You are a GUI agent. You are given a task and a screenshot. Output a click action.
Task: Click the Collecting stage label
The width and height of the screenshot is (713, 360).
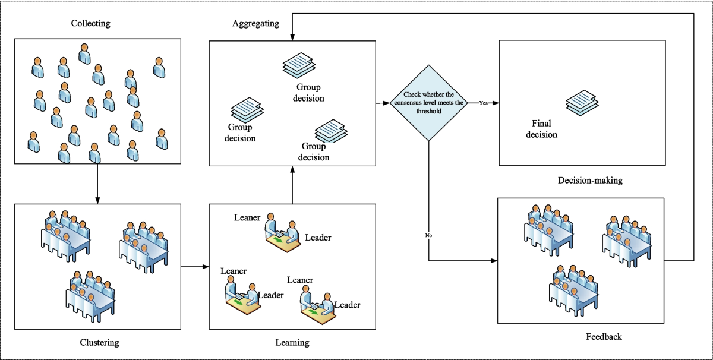(90, 24)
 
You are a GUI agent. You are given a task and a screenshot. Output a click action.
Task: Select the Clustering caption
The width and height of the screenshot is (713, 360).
(99, 342)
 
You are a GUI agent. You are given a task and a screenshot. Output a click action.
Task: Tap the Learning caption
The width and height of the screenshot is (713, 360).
(292, 342)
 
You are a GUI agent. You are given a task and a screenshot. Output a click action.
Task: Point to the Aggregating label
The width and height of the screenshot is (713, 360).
(255, 24)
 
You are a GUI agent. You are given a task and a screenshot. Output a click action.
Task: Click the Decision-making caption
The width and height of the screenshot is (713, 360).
(590, 180)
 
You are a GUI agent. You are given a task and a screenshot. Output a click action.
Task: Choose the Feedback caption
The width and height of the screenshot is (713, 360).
(604, 337)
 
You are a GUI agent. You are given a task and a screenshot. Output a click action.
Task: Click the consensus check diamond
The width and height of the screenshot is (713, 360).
(429, 103)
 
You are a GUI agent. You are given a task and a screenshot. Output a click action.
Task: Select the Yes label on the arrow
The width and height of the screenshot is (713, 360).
(484, 103)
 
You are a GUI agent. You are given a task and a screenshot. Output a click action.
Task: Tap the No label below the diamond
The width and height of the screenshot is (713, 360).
(429, 236)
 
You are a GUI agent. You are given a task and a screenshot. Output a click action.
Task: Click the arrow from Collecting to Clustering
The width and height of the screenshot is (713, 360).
(97, 183)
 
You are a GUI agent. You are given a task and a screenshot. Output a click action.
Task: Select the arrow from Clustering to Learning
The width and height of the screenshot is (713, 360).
(194, 267)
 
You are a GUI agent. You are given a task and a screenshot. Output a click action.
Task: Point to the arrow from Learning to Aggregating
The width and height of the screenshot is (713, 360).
(292, 185)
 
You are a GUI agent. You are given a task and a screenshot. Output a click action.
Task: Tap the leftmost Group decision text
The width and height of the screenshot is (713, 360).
(240, 132)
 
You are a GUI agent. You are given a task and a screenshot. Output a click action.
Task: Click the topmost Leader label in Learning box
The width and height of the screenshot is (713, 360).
(318, 238)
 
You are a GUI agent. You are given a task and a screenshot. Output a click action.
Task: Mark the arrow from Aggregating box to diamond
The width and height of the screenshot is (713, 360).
(383, 103)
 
